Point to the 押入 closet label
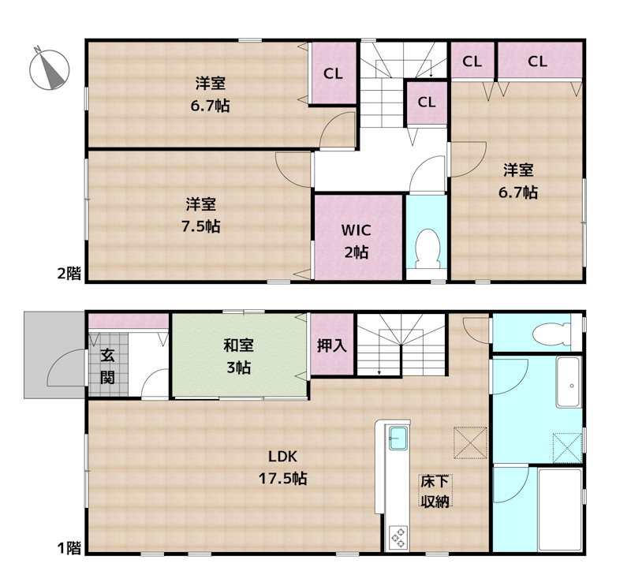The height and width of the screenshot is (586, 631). coord(330,345)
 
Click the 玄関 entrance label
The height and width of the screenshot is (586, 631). coord(107,365)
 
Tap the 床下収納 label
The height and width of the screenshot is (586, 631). coord(435,491)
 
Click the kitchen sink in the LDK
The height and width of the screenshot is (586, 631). coord(397,435)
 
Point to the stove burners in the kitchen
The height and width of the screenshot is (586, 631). coord(398,538)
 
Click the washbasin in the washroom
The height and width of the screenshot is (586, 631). coord(568,383)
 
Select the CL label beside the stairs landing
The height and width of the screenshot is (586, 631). coord(427,102)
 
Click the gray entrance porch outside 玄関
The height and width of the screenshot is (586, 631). coord(54,355)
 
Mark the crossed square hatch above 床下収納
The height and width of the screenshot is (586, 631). coord(470,442)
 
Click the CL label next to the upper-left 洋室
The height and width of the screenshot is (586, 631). coord(333,73)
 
